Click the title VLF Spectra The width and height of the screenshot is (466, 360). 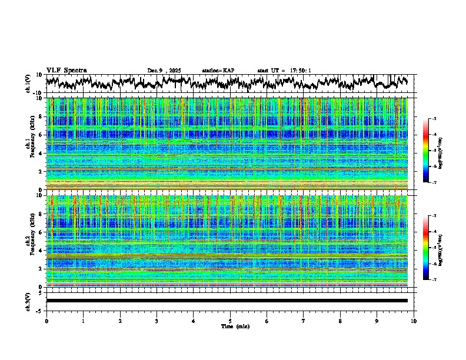click(x=66, y=70)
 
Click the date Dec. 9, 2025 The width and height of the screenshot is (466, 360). click(x=164, y=71)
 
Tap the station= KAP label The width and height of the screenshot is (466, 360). click(x=218, y=71)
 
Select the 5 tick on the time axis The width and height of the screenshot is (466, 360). click(x=230, y=321)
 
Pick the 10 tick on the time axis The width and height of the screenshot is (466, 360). click(x=414, y=321)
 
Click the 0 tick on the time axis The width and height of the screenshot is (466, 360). click(x=46, y=321)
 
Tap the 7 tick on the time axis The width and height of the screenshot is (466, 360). click(x=304, y=321)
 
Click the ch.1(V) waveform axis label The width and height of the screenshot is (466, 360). click(x=28, y=84)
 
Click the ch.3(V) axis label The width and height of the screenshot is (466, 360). click(x=28, y=301)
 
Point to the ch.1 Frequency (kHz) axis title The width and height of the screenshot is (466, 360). click(x=30, y=144)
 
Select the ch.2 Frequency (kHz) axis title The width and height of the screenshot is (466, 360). click(x=30, y=241)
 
